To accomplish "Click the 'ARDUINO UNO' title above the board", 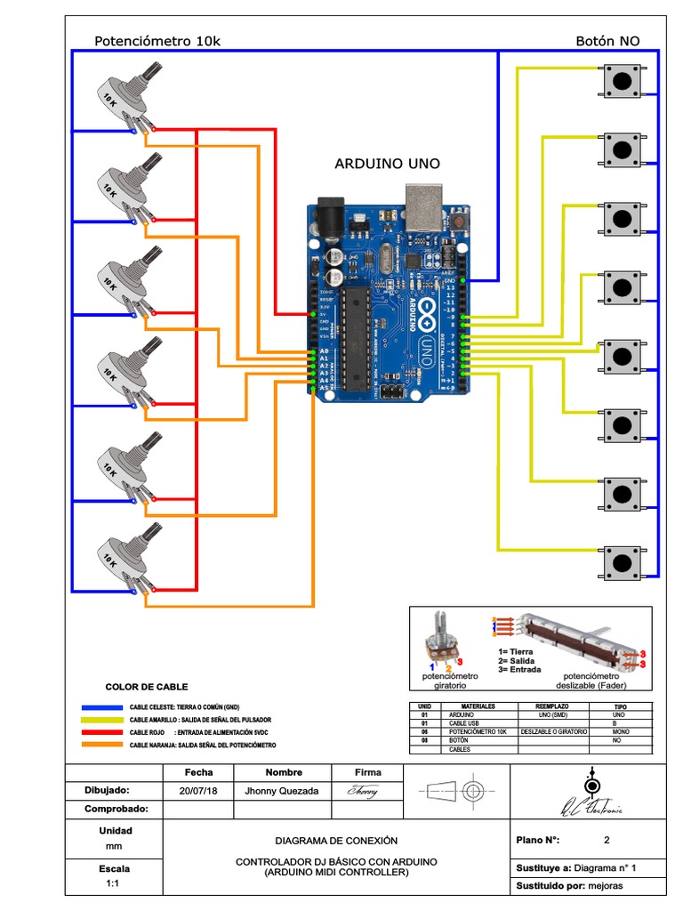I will [387, 164].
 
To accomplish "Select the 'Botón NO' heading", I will [607, 41].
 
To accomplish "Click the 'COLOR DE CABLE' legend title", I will [147, 687].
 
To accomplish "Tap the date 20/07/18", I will [198, 790].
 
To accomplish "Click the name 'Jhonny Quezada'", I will [281, 790].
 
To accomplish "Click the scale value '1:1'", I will [113, 884].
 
